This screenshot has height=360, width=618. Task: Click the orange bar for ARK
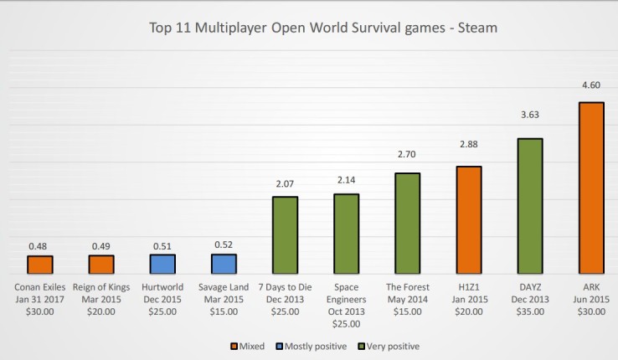[x=591, y=188]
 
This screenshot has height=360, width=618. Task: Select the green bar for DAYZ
[x=530, y=206]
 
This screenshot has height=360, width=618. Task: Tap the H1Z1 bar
[x=469, y=220]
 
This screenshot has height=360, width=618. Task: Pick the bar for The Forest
[x=408, y=224]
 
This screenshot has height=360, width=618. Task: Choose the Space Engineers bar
[x=346, y=234]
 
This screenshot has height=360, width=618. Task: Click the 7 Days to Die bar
[x=285, y=235]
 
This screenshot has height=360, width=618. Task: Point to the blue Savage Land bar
[x=224, y=264]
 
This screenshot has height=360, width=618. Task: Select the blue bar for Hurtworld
[x=162, y=265]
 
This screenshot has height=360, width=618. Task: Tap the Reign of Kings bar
[x=101, y=265]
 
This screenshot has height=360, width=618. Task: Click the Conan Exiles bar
[x=40, y=265]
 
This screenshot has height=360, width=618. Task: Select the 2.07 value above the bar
[x=285, y=183]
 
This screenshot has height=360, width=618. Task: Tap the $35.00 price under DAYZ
[x=530, y=311]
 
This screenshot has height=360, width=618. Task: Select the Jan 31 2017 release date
[x=40, y=299]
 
